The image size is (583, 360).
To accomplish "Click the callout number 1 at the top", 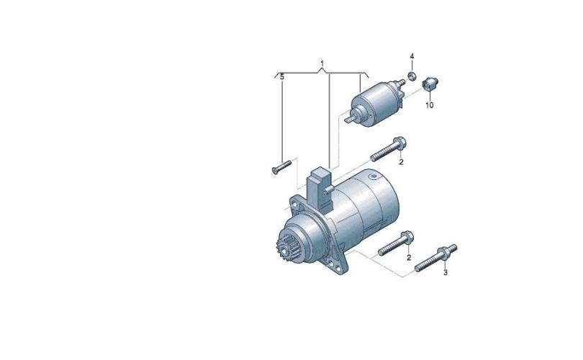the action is pyautogui.click(x=322, y=63).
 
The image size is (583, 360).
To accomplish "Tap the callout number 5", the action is pyautogui.click(x=282, y=77).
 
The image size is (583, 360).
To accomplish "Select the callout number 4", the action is pyautogui.click(x=412, y=56).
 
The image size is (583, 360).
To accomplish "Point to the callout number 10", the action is pyautogui.click(x=430, y=105).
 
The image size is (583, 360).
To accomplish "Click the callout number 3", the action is pyautogui.click(x=446, y=273).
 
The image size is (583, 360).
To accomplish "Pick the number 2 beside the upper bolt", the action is pyautogui.click(x=401, y=162).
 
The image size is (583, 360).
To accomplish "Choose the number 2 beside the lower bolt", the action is pyautogui.click(x=409, y=257).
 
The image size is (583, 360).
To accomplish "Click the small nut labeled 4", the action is pyautogui.click(x=412, y=76).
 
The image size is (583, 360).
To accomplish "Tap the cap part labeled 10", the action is pyautogui.click(x=430, y=84).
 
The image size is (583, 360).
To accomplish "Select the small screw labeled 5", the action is pyautogui.click(x=281, y=166).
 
